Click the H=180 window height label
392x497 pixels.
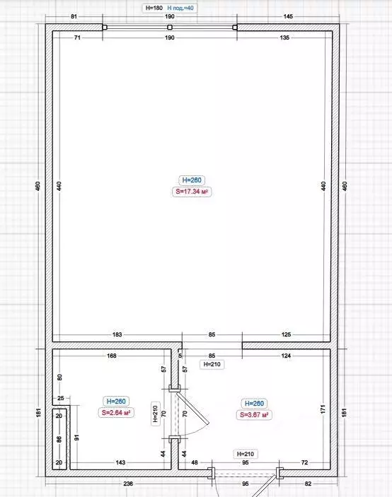[153, 8]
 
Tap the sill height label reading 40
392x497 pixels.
[180, 8]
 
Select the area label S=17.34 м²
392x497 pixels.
[192, 191]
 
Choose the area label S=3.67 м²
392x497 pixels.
[253, 414]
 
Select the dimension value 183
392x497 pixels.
[117, 334]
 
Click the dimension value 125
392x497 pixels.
[286, 334]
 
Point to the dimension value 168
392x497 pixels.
[111, 356]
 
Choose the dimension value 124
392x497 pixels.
[286, 356]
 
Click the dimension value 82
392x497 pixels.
[308, 484]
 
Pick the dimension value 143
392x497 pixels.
[121, 462]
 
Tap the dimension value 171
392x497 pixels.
[323, 409]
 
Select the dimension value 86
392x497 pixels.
[59, 438]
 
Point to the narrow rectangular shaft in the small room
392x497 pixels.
[59, 438]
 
